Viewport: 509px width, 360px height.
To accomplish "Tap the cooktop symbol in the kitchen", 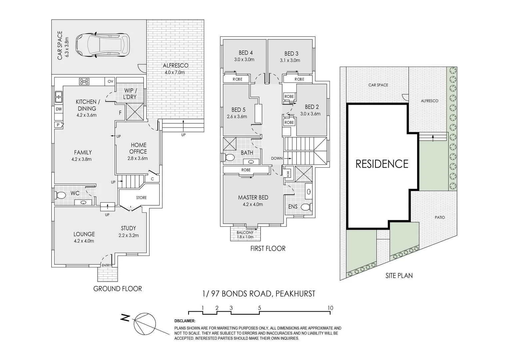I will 84,81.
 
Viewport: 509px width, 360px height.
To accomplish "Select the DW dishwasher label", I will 59,109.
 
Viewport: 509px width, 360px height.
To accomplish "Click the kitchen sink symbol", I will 59,97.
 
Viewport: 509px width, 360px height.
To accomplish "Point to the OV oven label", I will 110,81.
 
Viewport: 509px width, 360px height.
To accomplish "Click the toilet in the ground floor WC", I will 61,195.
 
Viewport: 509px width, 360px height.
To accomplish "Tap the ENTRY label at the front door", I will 107,265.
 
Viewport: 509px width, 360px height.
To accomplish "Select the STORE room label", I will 141,198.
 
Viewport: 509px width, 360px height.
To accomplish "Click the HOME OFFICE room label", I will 138,148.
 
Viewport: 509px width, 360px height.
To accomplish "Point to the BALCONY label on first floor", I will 245,233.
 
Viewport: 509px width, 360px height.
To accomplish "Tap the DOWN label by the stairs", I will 277,158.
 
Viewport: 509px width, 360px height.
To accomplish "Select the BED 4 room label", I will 246,53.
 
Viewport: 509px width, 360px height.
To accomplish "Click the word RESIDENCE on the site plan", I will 382,164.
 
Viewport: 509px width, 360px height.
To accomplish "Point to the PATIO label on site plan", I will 439,217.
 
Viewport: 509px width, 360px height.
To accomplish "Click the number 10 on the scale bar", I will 330,308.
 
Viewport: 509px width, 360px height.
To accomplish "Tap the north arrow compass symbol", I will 144,323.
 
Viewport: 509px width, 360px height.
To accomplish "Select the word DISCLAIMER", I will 185,321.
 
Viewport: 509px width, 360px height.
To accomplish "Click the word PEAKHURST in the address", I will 295,294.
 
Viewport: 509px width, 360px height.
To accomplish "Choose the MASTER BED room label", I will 253,198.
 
